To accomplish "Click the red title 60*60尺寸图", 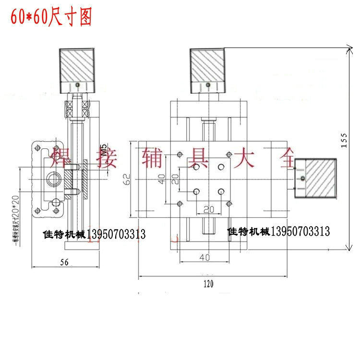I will coord(50,18).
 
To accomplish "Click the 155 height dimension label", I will coord(344,141).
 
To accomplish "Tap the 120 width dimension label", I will coord(208,284).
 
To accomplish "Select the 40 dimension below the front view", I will coord(204,258).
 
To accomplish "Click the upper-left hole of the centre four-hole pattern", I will coord(196,168).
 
